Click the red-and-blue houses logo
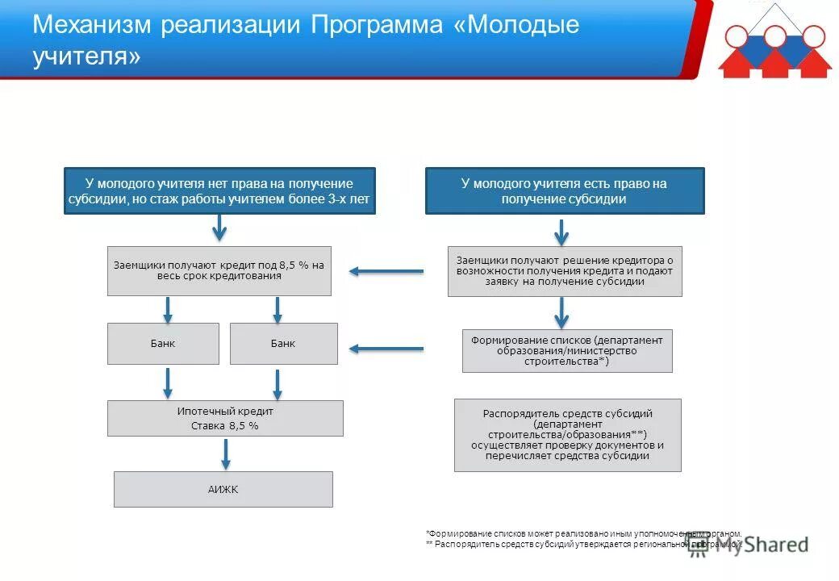[x=774, y=42]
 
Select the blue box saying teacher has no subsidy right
[x=219, y=191]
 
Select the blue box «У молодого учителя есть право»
[x=564, y=191]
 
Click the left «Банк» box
[x=163, y=344]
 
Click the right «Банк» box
[x=283, y=344]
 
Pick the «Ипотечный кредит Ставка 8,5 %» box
[x=225, y=418]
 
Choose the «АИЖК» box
[x=223, y=489]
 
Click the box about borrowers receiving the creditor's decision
[x=564, y=271]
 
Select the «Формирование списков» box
[x=566, y=351]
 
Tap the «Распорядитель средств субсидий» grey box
[x=567, y=435]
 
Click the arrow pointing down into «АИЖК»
[x=226, y=454]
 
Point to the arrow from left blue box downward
[x=219, y=228]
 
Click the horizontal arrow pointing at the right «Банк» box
[x=386, y=349]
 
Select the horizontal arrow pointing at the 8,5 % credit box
[x=386, y=271]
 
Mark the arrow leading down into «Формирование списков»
[x=562, y=311]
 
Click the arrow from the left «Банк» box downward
[x=168, y=382]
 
